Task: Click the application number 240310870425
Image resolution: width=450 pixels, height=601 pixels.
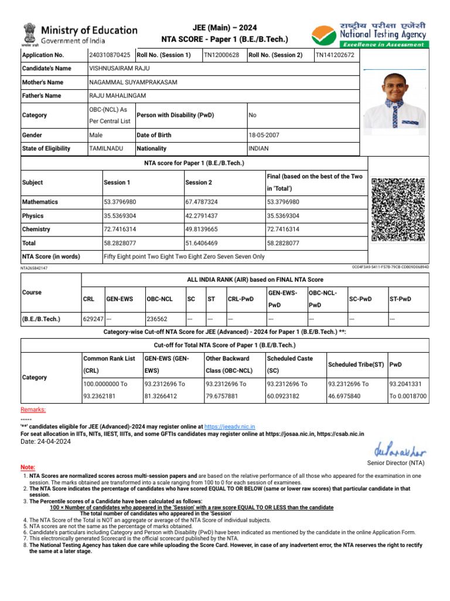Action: [x=110, y=55]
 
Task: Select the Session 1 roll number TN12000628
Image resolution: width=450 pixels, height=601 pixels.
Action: [x=221, y=55]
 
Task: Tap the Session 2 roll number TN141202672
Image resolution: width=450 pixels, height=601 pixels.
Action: [x=335, y=55]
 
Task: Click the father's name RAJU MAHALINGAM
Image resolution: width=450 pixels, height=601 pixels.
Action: [x=118, y=96]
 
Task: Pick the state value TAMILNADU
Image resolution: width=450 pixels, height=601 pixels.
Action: [x=106, y=148]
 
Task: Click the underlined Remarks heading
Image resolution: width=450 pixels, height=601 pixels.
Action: [x=33, y=410]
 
